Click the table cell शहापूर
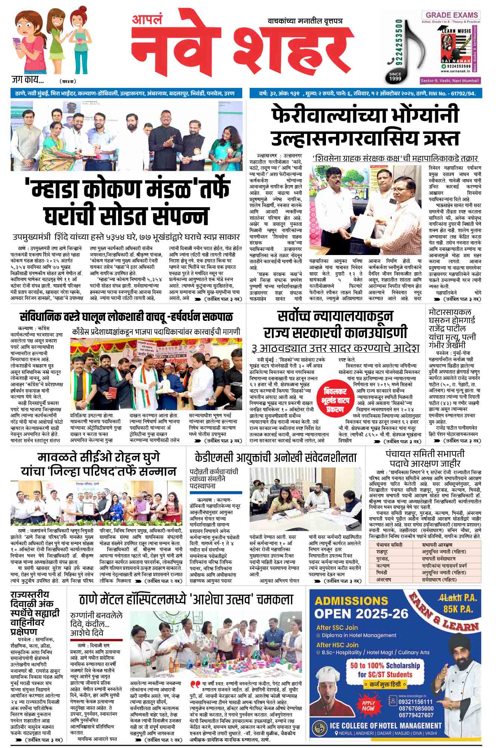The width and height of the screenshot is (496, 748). click(383, 552)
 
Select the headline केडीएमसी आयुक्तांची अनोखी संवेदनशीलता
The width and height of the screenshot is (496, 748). click(275, 457)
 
